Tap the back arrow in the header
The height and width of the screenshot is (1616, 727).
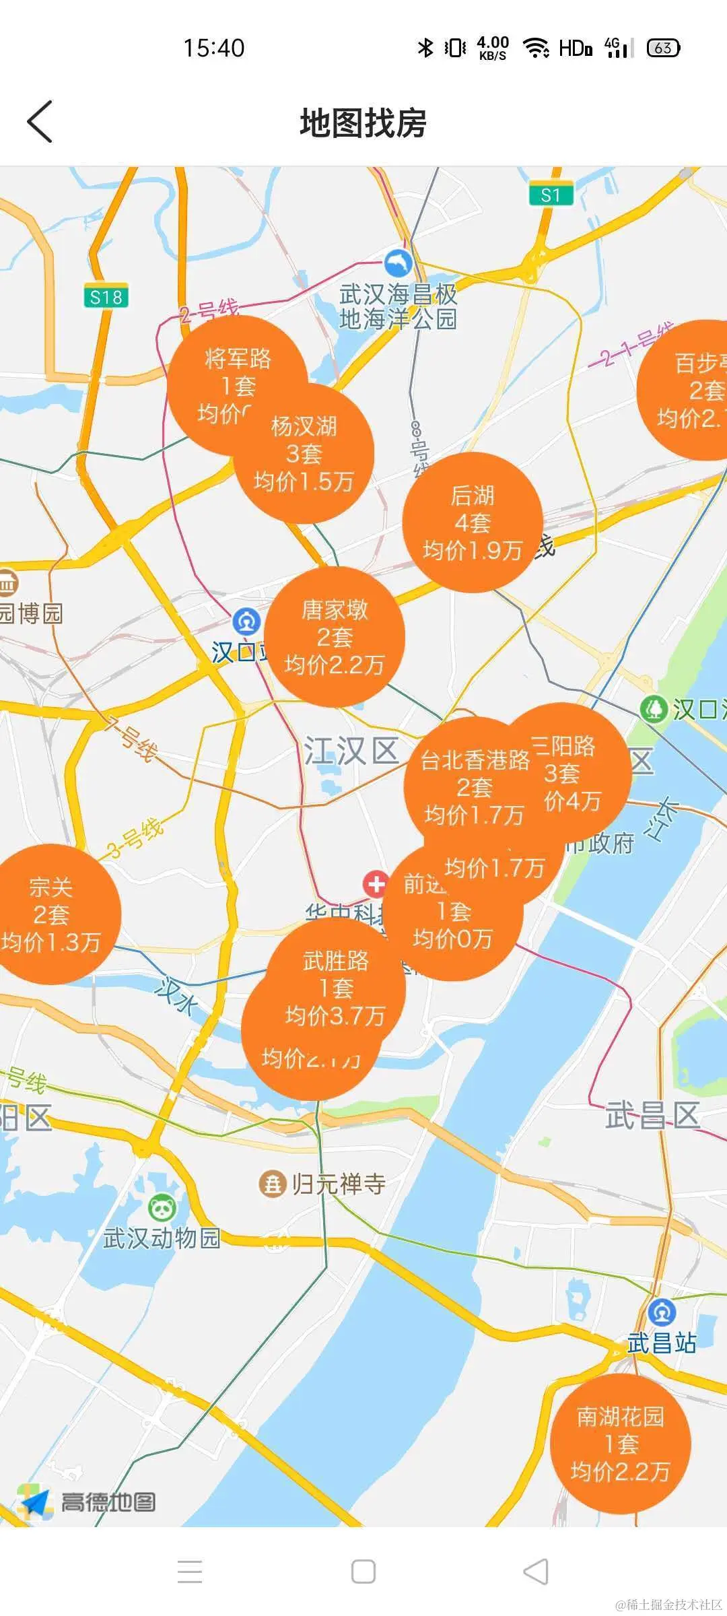40,122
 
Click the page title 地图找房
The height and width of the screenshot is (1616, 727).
363,123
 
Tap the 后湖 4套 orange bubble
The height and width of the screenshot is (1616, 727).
473,523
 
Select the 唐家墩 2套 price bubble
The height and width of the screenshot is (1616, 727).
335,637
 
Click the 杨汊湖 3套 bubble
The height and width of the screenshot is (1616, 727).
304,454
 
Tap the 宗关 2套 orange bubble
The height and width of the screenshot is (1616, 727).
51,914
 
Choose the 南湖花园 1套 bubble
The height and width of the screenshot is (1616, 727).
620,1444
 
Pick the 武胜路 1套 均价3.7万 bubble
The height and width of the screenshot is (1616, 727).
336,987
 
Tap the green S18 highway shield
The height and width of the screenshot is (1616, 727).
106,297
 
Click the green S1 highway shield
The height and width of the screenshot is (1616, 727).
551,195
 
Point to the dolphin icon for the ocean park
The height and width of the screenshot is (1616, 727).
398,263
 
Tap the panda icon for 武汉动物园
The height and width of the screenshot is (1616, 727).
162,1208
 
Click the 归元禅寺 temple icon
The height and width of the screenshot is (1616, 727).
273,1183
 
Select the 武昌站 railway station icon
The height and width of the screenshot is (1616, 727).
662,1312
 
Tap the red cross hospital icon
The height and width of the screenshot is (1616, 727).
376,884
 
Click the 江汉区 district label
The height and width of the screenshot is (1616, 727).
351,751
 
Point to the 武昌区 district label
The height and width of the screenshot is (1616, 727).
652,1116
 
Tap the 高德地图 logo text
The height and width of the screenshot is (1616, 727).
108,1502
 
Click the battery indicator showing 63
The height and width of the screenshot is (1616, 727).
663,48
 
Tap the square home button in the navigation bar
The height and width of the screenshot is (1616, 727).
363,1572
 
